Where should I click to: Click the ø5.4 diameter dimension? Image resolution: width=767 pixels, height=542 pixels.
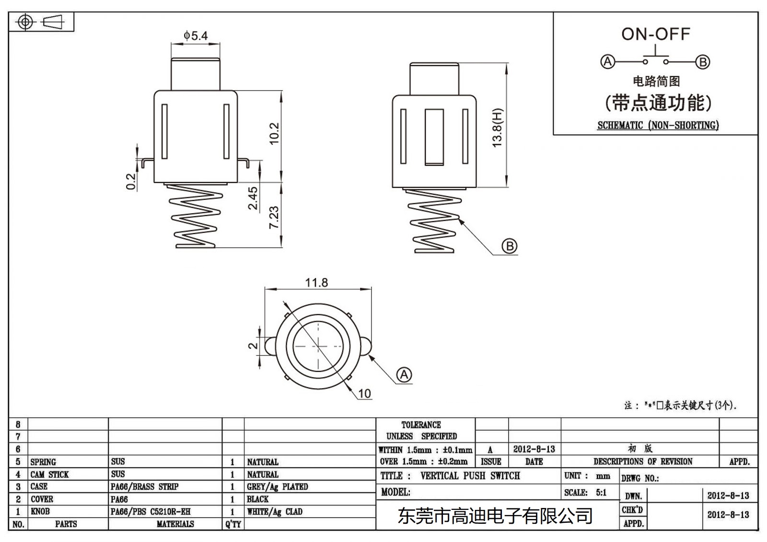coord(196,35)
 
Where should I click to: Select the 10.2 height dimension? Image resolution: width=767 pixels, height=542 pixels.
coord(274,133)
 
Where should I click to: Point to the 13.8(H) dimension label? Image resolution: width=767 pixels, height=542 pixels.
coord(498,127)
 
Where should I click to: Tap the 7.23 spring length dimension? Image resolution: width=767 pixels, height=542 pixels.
coord(274,217)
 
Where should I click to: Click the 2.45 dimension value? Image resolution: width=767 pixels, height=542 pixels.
coord(253,198)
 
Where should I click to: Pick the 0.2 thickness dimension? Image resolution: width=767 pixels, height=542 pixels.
coord(131,182)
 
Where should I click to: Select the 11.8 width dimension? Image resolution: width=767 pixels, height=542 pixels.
coord(316,282)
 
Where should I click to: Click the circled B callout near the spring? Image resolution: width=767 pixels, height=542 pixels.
coord(509,246)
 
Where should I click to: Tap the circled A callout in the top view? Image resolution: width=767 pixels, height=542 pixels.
coord(404,374)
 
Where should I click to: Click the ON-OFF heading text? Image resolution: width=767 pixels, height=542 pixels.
coord(655,34)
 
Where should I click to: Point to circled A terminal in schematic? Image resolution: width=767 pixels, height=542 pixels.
coord(607,62)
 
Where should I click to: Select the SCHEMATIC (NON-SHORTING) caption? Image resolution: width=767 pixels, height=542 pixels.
coord(658,126)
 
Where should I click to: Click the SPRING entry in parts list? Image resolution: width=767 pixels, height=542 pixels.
coord(43,462)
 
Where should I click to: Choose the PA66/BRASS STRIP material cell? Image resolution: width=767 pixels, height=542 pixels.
coord(144,486)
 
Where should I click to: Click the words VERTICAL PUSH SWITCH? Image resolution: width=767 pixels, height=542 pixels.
coord(470,476)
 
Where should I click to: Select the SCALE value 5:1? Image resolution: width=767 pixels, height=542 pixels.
coord(601,492)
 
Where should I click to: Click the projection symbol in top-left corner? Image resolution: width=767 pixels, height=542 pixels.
coord(41,22)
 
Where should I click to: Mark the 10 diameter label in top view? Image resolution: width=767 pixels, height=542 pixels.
coord(364,393)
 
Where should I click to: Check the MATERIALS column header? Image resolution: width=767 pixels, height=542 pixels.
coord(175,524)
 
